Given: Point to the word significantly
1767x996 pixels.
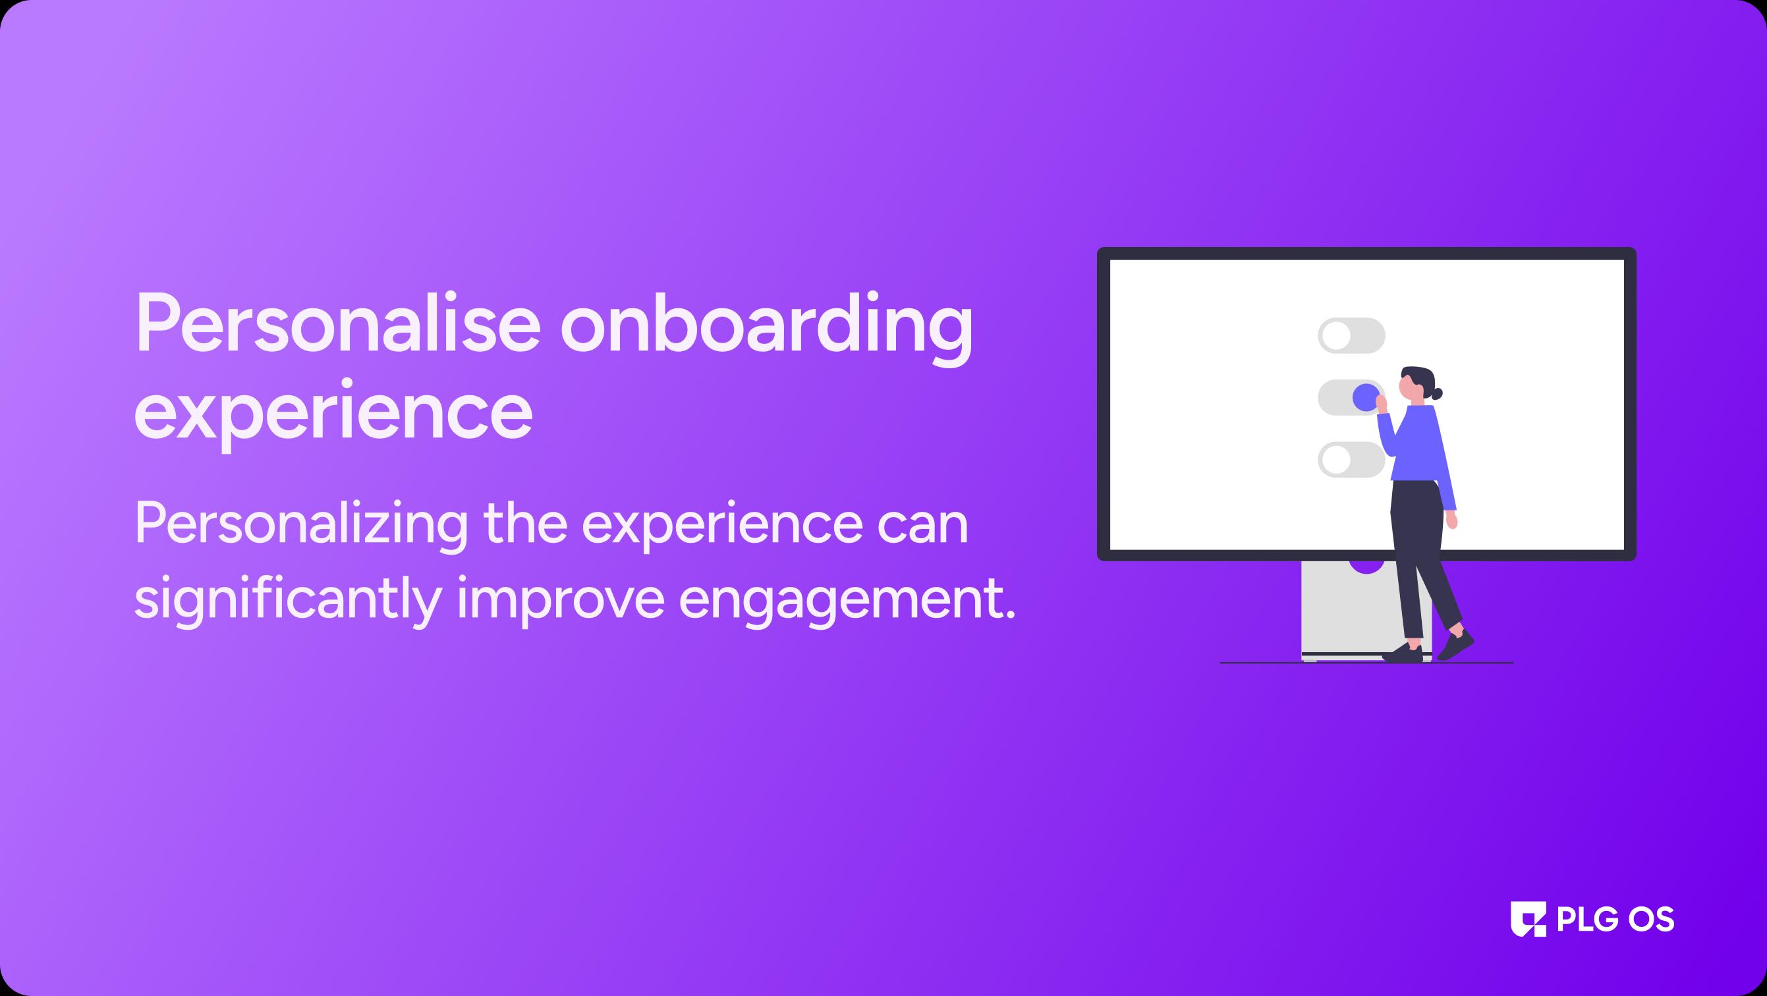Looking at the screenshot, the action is tap(287, 601).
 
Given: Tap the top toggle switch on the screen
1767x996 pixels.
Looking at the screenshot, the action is tap(1351, 335).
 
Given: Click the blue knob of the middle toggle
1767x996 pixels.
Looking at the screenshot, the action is tap(1366, 397).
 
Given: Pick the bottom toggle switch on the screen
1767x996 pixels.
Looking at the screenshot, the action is tap(1351, 460).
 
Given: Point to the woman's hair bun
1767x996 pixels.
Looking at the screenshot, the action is tap(1436, 394).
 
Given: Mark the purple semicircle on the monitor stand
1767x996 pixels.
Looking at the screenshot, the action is tap(1366, 567).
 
